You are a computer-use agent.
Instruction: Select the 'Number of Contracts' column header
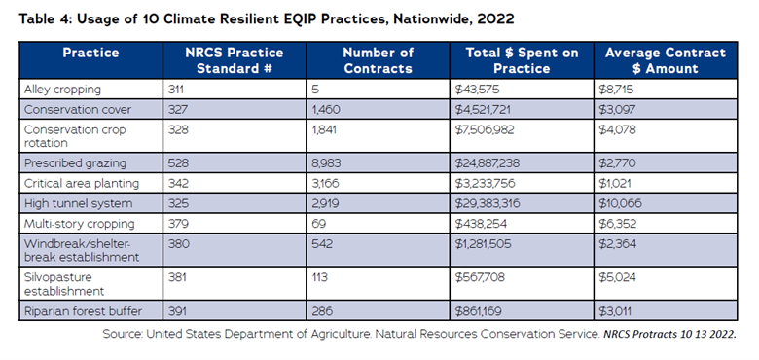pos(379,60)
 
